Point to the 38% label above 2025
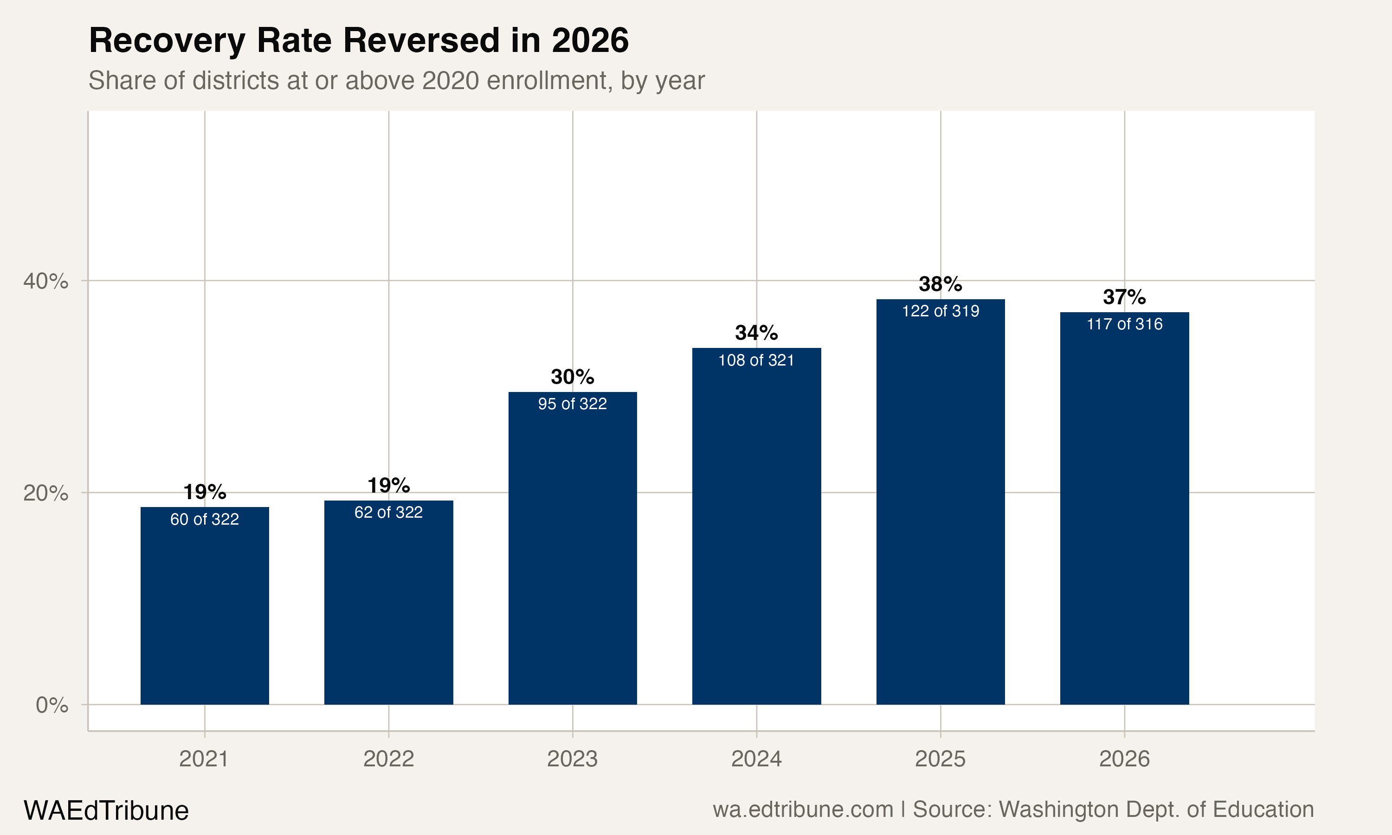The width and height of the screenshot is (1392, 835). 940,284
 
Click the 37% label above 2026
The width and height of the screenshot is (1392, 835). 1124,297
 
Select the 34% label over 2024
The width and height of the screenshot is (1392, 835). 756,333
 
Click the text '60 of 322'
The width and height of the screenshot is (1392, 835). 204,519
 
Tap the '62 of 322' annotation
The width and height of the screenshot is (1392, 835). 388,512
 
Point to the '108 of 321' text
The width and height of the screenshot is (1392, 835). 756,360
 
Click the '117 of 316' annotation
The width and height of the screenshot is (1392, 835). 1124,324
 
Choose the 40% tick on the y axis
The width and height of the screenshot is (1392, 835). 45,281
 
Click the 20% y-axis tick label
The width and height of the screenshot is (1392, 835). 45,493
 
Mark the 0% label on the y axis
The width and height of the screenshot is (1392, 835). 52,705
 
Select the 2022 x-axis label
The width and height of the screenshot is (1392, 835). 388,759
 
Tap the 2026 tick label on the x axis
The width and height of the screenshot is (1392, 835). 1124,759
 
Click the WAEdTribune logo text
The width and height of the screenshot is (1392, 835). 106,811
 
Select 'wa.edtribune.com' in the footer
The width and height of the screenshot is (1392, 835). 803,809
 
